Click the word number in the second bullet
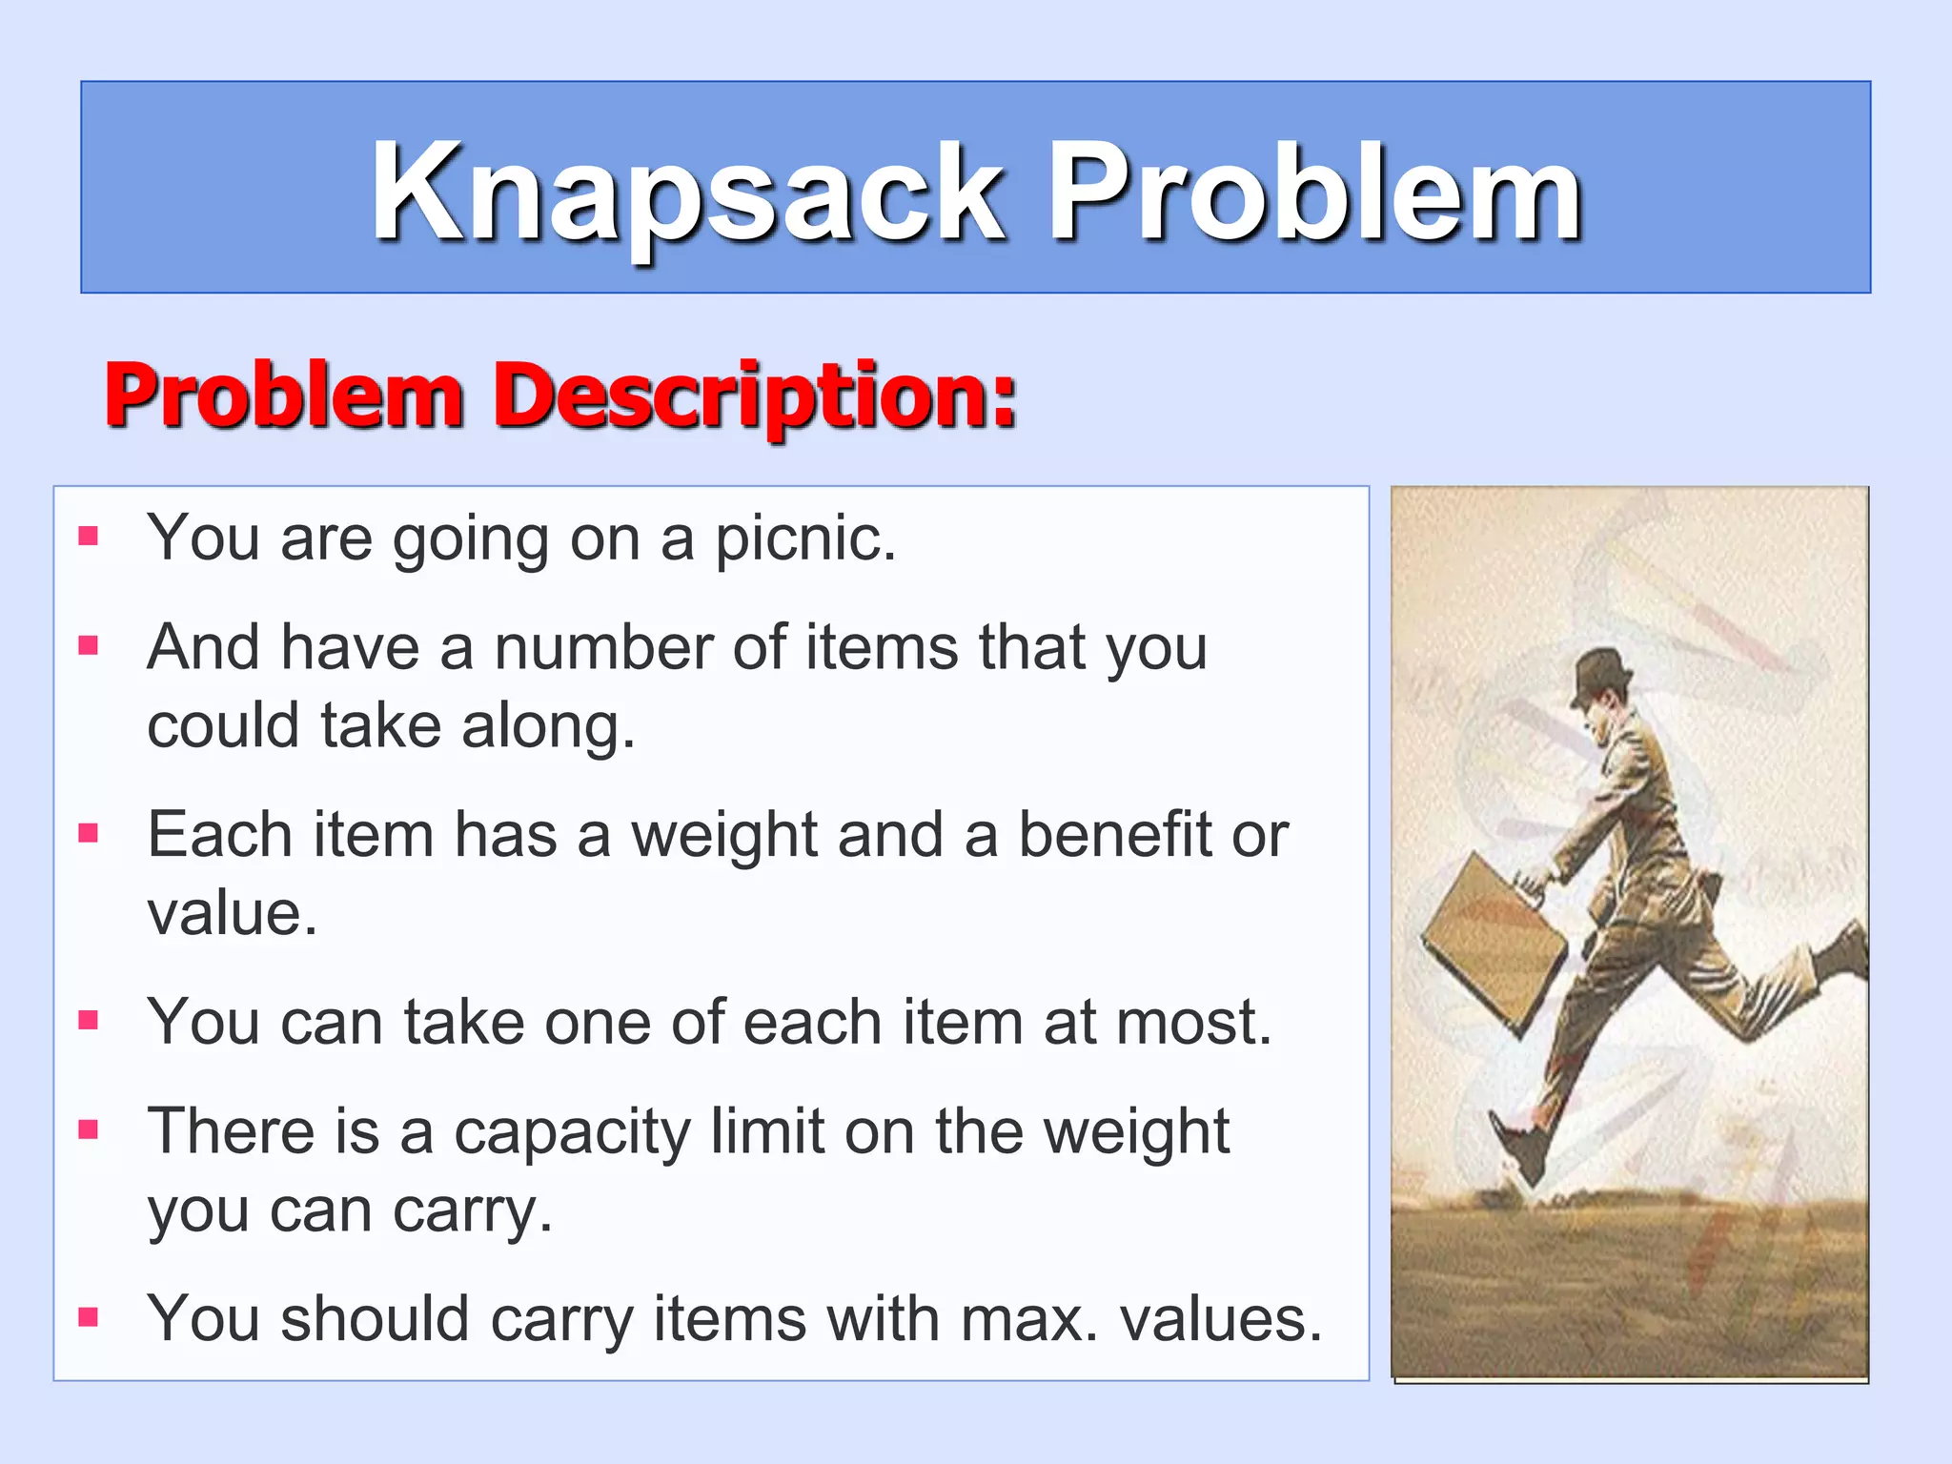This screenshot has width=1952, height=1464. tap(603, 648)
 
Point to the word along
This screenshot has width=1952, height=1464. tap(547, 726)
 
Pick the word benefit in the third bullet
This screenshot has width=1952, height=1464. tap(1114, 835)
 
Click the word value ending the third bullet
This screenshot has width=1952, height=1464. tap(231, 913)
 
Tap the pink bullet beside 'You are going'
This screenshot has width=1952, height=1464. tap(89, 536)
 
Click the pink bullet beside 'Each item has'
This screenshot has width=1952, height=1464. tap(89, 833)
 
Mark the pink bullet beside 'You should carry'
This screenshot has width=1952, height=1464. tap(89, 1317)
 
